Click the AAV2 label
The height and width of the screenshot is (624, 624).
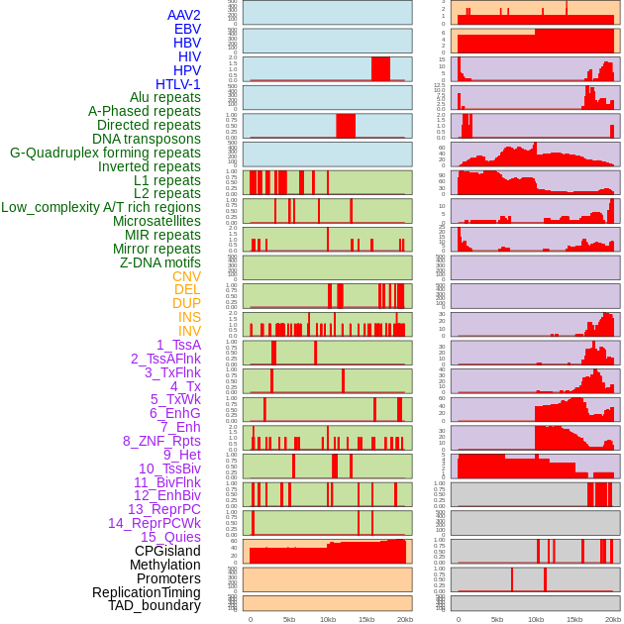tap(184, 15)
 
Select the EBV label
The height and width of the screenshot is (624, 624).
tap(187, 29)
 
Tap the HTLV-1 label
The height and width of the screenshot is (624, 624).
tap(178, 84)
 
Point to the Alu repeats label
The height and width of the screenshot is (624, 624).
tap(165, 98)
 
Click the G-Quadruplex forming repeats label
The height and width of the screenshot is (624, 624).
tap(105, 153)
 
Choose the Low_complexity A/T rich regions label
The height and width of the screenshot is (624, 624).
tap(101, 207)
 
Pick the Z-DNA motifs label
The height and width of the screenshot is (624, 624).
tap(160, 262)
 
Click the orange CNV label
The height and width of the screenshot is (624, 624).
tap(186, 276)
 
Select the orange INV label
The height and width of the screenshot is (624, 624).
tap(189, 331)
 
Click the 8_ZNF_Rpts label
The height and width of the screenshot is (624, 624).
tap(161, 441)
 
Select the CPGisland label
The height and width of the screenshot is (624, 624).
tap(167, 551)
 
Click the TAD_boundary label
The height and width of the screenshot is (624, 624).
tap(155, 605)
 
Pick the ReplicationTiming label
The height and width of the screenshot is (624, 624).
tap(147, 592)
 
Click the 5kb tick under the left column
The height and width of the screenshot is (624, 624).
tap(289, 619)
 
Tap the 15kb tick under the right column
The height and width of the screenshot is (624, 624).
tap(574, 619)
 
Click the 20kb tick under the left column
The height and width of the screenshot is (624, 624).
tap(405, 619)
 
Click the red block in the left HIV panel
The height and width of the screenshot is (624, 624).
tap(380, 68)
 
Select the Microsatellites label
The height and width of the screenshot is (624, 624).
tap(156, 221)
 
